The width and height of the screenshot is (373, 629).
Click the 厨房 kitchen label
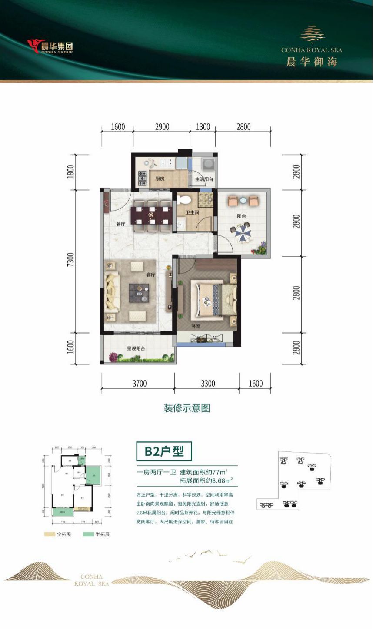[160, 179]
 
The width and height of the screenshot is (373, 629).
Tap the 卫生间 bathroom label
[192, 212]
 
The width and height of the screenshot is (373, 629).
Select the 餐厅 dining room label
[120, 224]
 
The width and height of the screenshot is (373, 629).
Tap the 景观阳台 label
[136, 348]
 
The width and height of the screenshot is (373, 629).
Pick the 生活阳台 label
[204, 179]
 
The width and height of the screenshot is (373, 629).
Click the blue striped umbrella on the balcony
[243, 232]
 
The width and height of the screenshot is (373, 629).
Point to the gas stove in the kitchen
[143, 177]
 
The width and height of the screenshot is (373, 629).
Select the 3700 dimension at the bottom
[139, 384]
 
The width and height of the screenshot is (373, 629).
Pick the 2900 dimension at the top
[162, 127]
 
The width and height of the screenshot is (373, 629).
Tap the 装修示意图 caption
[186, 408]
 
